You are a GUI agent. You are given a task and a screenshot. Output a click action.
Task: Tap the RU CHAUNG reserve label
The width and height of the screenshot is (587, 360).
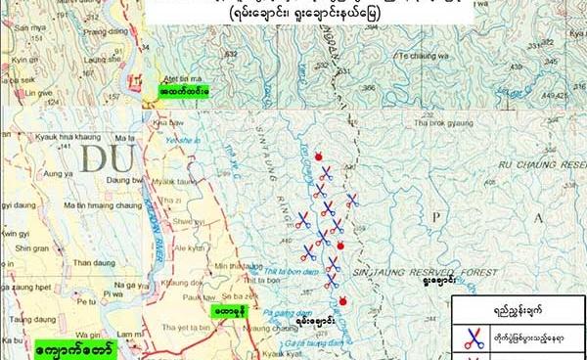[x=538, y=166]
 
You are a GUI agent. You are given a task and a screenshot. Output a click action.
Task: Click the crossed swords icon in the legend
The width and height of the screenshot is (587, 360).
[x=474, y=338]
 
